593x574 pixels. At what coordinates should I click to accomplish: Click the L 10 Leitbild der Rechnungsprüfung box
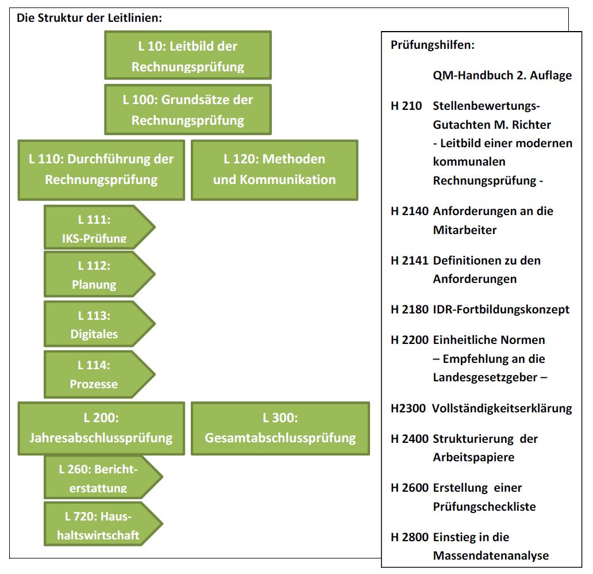point(188,55)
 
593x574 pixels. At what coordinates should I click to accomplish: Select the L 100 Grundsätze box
point(188,109)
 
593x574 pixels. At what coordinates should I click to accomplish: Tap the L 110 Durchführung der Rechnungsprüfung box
point(101,170)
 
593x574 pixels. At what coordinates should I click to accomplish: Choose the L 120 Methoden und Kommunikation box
point(275,170)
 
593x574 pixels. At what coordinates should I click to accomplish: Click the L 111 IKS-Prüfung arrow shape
point(99,227)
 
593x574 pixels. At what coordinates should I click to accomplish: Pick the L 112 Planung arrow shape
point(99,274)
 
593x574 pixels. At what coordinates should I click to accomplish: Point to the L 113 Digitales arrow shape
point(99,324)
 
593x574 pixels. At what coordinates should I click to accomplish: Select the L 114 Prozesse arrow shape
point(99,374)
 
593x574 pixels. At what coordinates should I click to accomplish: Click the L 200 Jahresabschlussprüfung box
point(101,428)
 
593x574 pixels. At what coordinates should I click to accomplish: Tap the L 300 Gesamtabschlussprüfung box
point(280,428)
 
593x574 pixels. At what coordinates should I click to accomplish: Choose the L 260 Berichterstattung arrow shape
point(103,477)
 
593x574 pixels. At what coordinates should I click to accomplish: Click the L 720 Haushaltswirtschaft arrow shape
point(103,524)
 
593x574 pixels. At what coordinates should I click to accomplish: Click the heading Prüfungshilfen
point(432,45)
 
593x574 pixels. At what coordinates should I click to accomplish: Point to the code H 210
point(406,106)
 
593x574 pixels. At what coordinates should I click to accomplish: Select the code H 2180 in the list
point(410,309)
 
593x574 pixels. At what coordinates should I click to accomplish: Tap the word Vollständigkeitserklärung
point(502,408)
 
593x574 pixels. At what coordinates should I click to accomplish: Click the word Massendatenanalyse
point(491,556)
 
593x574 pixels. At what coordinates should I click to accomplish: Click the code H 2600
point(410,488)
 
